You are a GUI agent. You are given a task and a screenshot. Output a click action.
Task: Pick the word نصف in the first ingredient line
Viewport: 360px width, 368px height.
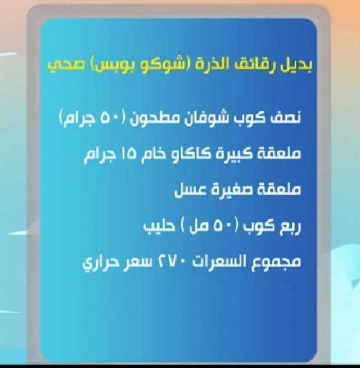point(285,118)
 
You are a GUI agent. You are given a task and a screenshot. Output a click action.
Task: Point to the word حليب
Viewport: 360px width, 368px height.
point(159,226)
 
